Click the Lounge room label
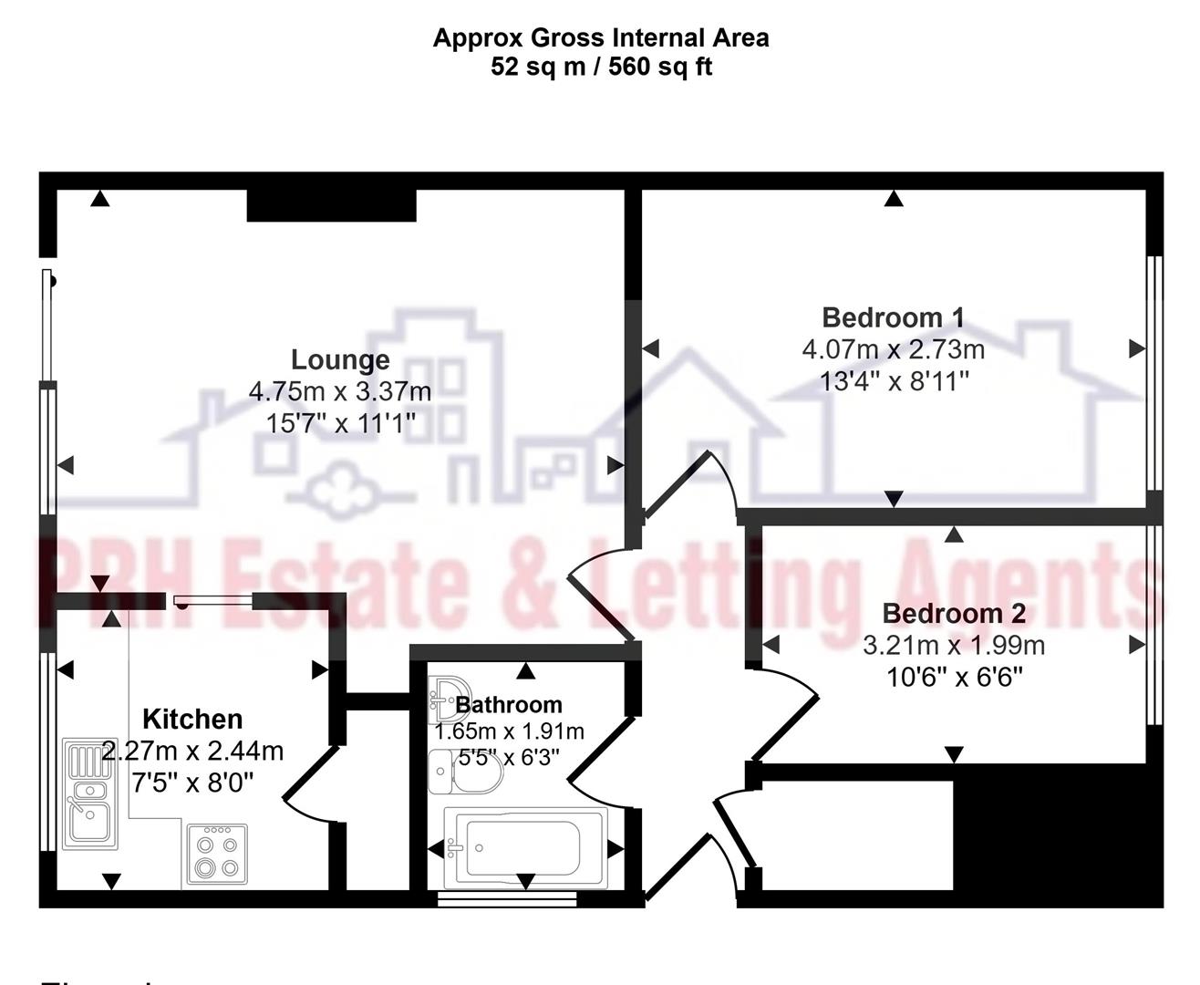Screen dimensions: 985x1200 pyautogui.click(x=340, y=359)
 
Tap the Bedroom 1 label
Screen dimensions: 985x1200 pyautogui.click(x=893, y=317)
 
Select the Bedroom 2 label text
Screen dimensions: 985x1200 pyautogui.click(x=953, y=613)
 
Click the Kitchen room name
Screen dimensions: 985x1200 pyautogui.click(x=192, y=719)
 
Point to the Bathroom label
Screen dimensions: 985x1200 pyautogui.click(x=509, y=704)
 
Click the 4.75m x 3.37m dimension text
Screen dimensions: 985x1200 pyautogui.click(x=340, y=391)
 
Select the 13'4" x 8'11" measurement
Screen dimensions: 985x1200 pyautogui.click(x=894, y=380)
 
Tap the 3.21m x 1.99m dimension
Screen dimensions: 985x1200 pyautogui.click(x=953, y=646)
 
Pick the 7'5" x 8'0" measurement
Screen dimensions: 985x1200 pyautogui.click(x=192, y=782)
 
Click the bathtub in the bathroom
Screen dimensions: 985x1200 pyautogui.click(x=524, y=848)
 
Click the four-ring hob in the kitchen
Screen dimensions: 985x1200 pyautogui.click(x=217, y=855)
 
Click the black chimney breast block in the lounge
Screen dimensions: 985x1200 pyautogui.click(x=331, y=205)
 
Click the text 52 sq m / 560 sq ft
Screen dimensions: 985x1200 pyautogui.click(x=601, y=67)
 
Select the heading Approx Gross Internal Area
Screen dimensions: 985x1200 pyautogui.click(x=601, y=38)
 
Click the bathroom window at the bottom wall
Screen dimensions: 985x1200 pyautogui.click(x=507, y=898)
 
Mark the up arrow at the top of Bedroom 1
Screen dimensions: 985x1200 pyautogui.click(x=894, y=198)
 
